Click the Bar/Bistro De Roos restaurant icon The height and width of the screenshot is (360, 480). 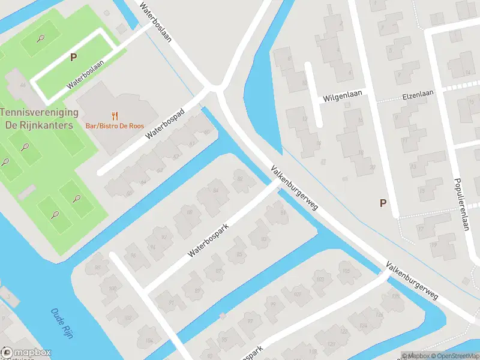pos(115,115)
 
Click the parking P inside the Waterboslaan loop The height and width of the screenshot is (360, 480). pos(73,58)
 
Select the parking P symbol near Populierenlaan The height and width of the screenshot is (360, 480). pos(382,203)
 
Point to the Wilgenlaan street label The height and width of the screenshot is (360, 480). pos(343,97)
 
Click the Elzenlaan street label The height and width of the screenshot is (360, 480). pos(418,94)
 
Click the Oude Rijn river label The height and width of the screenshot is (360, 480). pos(62,324)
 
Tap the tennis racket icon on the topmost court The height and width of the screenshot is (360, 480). pos(40,38)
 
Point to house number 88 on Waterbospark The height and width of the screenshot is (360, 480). pos(190,212)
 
